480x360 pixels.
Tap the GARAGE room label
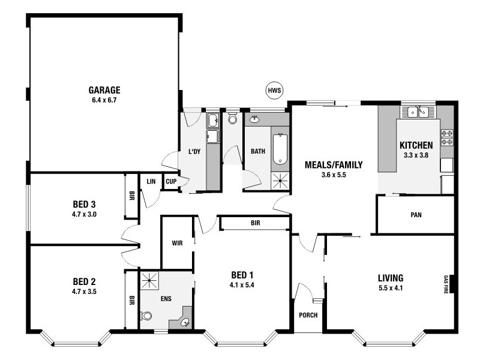[x=104, y=91]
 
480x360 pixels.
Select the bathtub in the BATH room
[x=280, y=149]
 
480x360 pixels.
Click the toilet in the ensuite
[x=146, y=316]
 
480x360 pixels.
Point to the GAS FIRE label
[x=446, y=284]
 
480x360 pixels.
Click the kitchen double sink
[x=418, y=112]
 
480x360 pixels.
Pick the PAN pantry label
[x=415, y=214]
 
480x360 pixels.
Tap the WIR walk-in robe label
[x=177, y=243]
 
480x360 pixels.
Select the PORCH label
[x=308, y=316]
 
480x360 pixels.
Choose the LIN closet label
[x=151, y=181]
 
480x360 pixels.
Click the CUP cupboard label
[x=170, y=181]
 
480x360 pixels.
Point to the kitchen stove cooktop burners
[x=447, y=137]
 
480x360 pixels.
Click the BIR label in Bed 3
[x=131, y=195]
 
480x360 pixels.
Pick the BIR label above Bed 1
[x=255, y=224]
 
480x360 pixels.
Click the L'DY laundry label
[x=194, y=151]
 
